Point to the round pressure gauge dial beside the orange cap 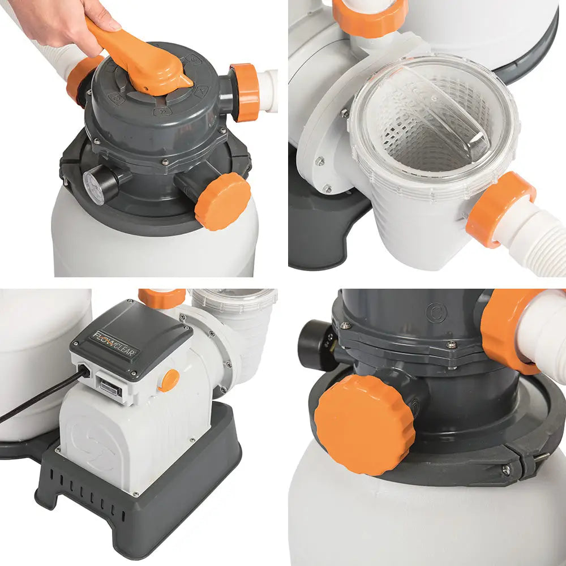pyautogui.click(x=94, y=187)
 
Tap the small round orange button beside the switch pyautogui.click(x=169, y=380)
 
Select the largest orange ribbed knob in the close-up pyautogui.click(x=365, y=424)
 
